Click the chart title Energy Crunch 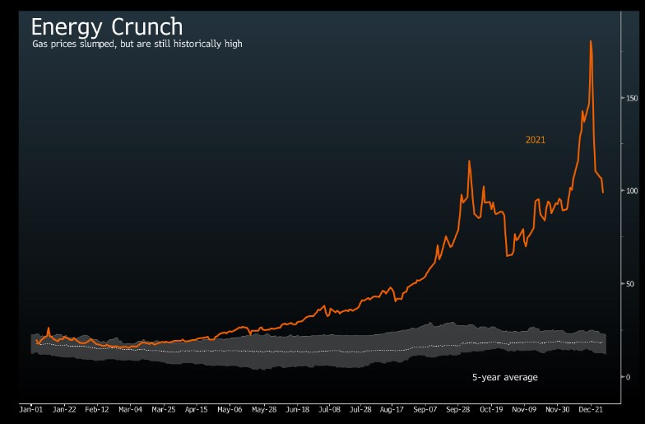[x=107, y=26]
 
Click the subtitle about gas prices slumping [x=137, y=44]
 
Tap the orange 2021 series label [x=536, y=140]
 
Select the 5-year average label [x=504, y=377]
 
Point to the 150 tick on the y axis [x=632, y=99]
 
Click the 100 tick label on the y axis [x=632, y=191]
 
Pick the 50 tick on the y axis [x=630, y=284]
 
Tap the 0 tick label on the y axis [x=628, y=377]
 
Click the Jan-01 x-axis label [x=31, y=408]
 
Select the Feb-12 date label [x=97, y=408]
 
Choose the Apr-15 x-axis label [x=197, y=408]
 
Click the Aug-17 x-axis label [x=392, y=408]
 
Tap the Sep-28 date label [x=458, y=408]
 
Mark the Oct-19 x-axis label [x=491, y=408]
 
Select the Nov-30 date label [x=558, y=408]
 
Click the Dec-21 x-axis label [x=591, y=408]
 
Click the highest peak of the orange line [x=591, y=41]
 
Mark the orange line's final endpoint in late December [x=603, y=193]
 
